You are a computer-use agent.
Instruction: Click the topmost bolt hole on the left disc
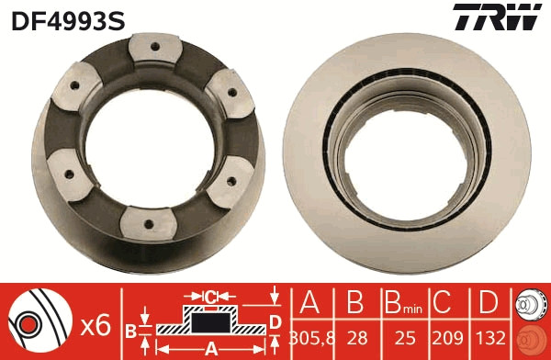pyautogui.click(x=152, y=47)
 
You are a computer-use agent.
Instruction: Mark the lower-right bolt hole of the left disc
pyautogui.click(x=225, y=182)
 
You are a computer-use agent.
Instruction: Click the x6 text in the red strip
pyautogui.click(x=96, y=324)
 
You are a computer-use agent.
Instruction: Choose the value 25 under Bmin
pyautogui.click(x=399, y=334)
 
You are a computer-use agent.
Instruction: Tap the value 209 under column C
pyautogui.click(x=444, y=334)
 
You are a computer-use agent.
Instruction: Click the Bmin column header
pyautogui.click(x=399, y=303)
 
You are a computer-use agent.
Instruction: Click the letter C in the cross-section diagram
pyautogui.click(x=211, y=297)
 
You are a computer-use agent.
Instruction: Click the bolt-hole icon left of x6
pyautogui.click(x=37, y=321)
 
